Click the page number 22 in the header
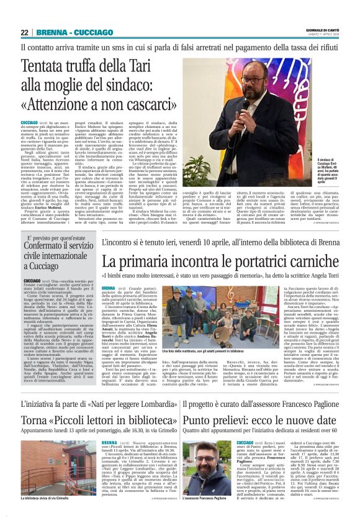(x=24, y=33)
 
